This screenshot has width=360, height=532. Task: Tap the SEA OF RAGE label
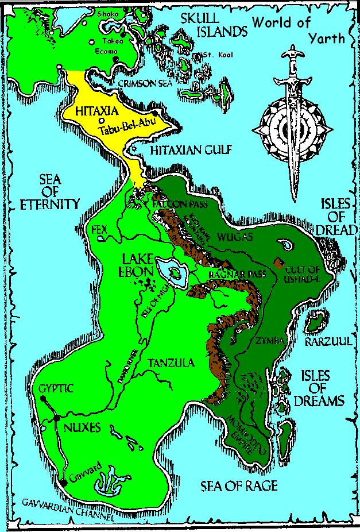click(x=239, y=487)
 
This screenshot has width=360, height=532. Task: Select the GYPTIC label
click(x=56, y=388)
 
